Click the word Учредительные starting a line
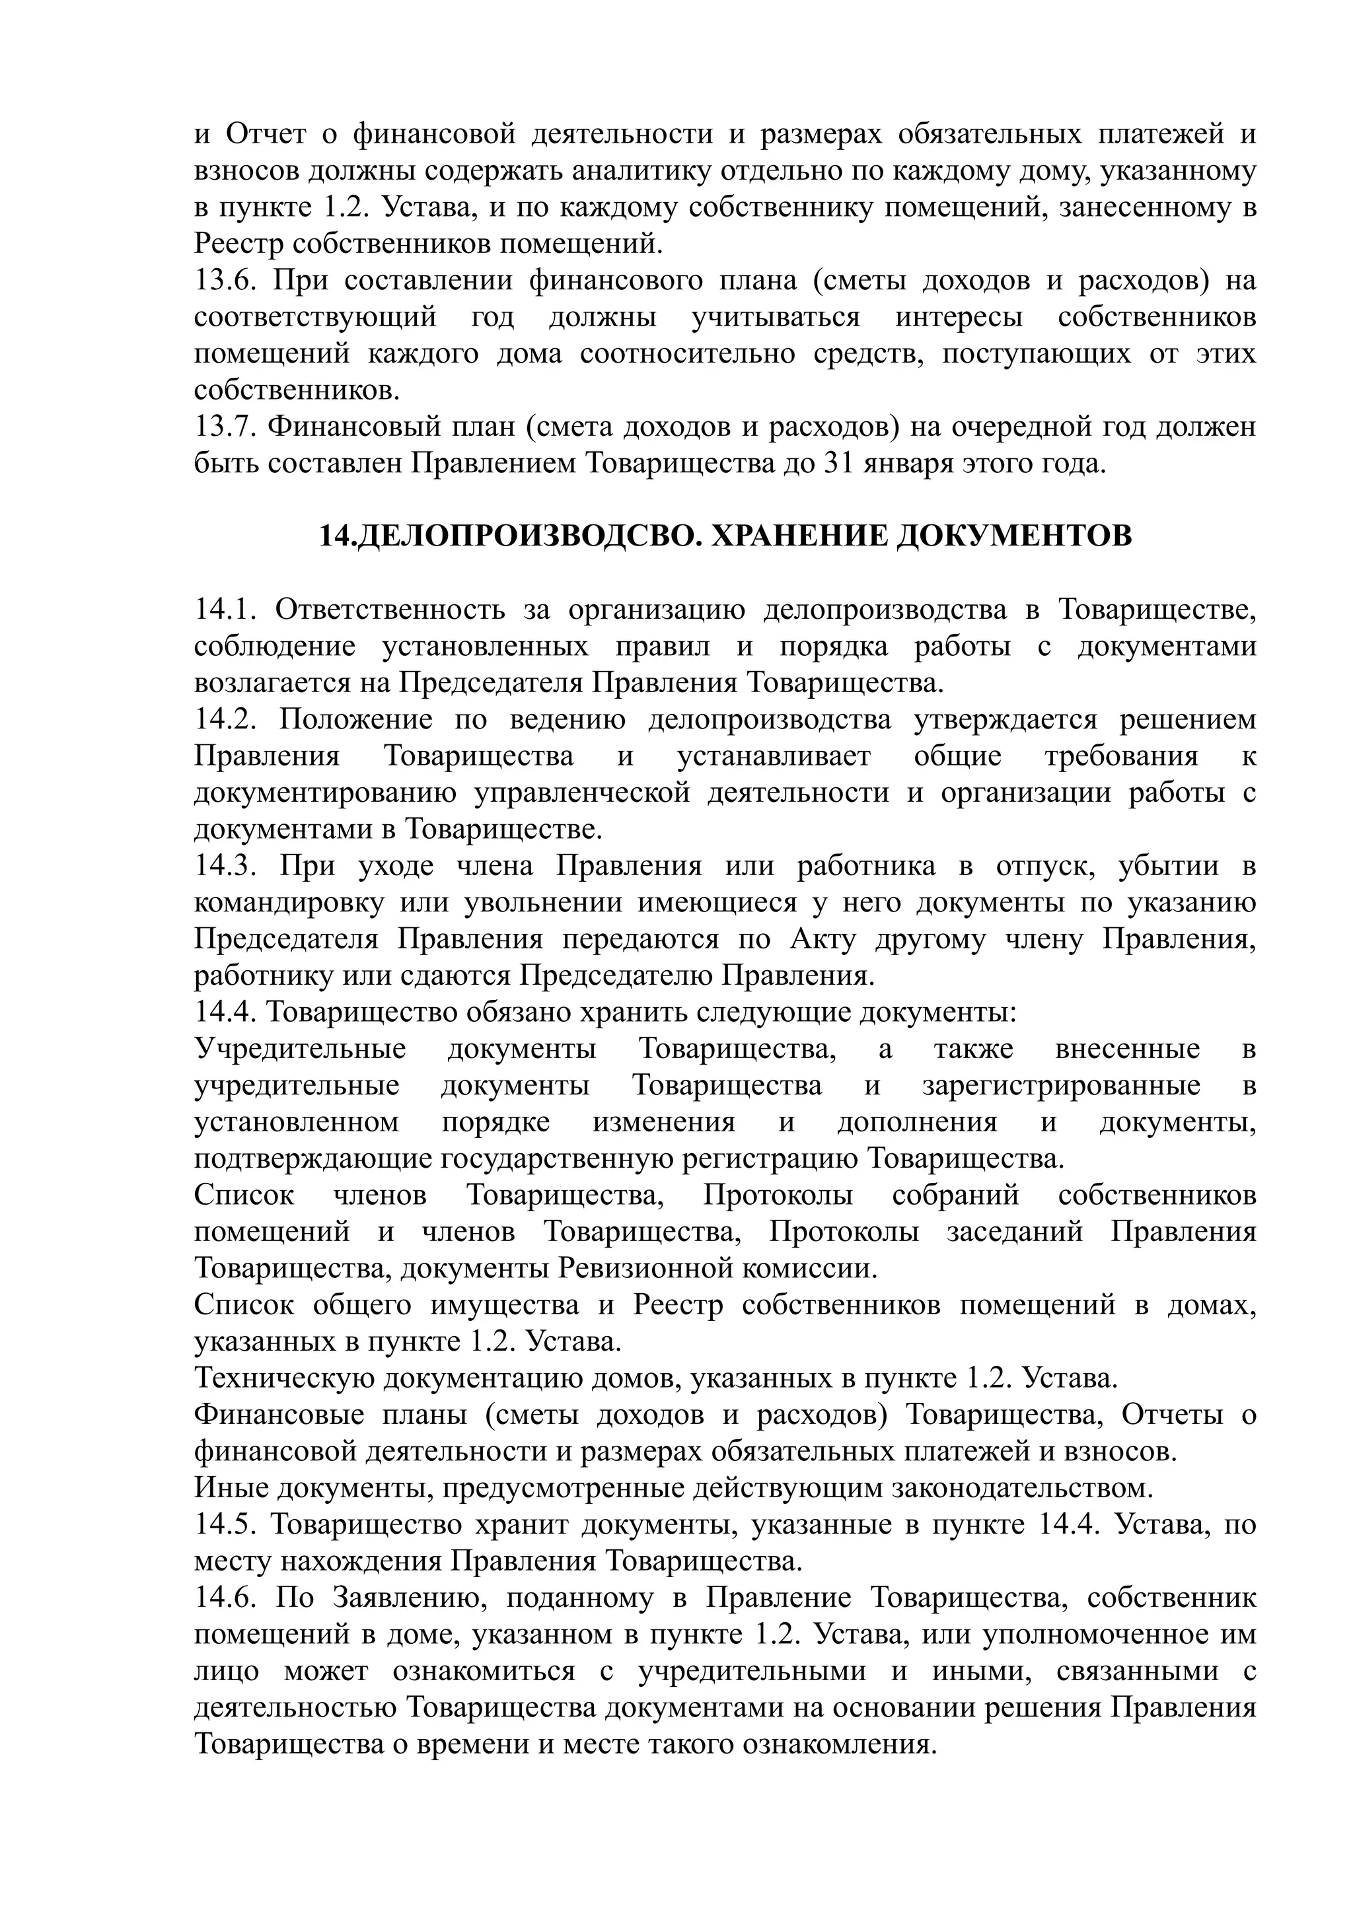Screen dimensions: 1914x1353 coord(300,1049)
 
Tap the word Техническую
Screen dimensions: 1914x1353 coord(285,1378)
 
